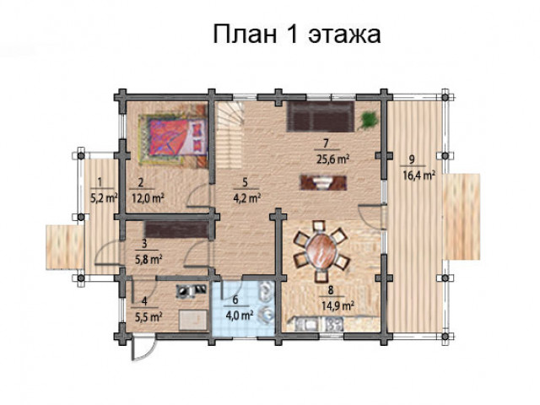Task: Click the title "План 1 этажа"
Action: pos(297,34)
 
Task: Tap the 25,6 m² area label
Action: pos(332,159)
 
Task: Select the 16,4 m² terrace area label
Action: pos(418,175)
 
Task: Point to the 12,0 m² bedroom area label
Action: pos(148,199)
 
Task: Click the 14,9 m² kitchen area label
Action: pos(337,305)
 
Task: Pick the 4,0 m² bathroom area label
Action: pos(240,315)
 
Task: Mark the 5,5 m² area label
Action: pos(148,316)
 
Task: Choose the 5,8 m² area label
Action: pos(148,259)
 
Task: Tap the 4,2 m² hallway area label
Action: pos(246,199)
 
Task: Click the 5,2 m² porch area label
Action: pos(104,198)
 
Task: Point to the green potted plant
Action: pos(368,120)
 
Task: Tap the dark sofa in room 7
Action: pos(321,116)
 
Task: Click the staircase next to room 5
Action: pos(230,134)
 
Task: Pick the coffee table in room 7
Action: pos(323,182)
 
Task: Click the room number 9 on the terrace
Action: pos(411,159)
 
